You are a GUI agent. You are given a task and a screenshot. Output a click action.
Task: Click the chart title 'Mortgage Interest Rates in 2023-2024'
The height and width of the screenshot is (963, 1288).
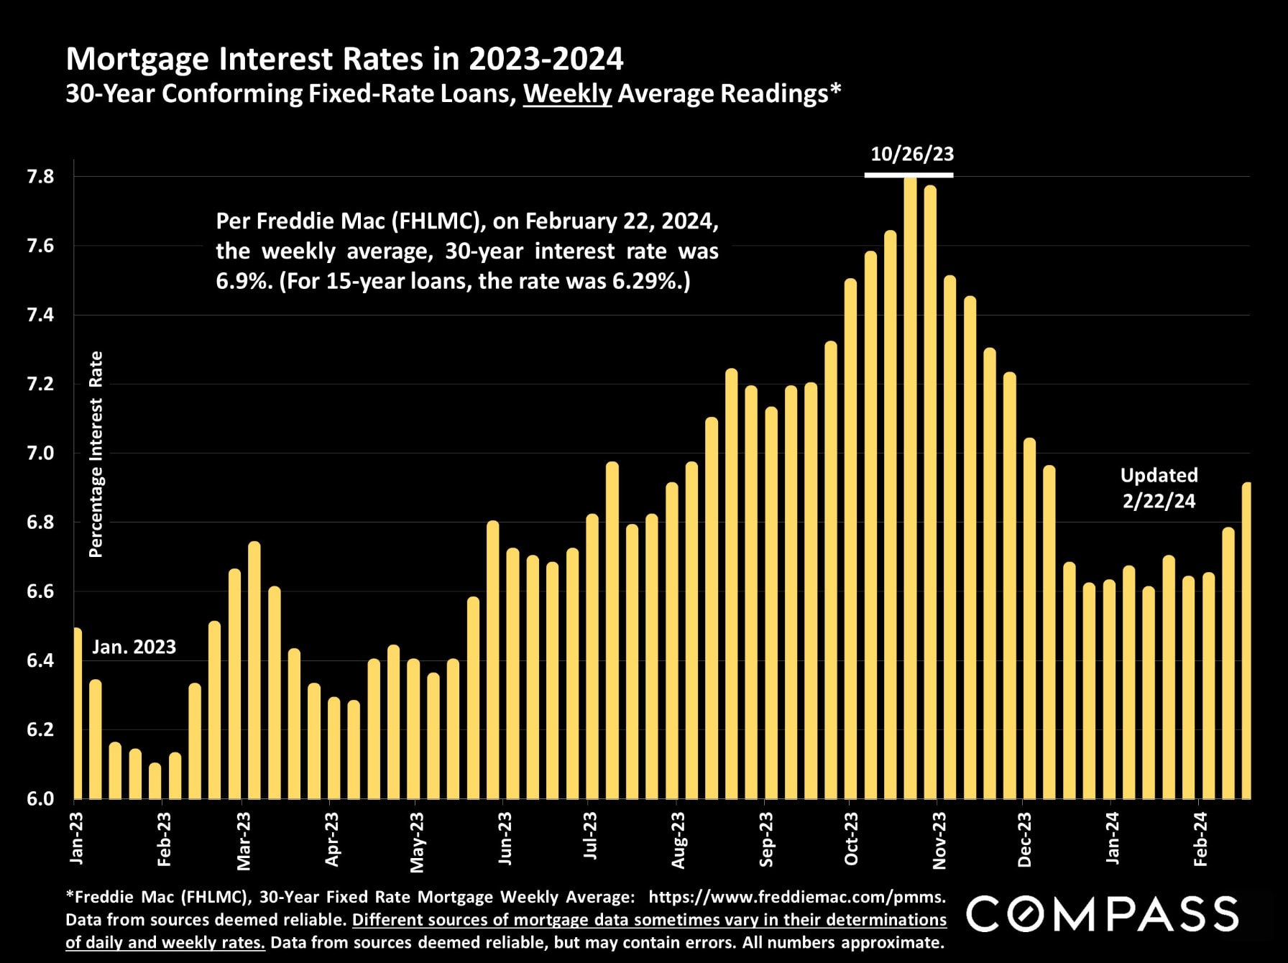[344, 59]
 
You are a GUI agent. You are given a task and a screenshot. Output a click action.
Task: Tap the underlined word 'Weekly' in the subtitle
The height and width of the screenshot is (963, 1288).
[567, 94]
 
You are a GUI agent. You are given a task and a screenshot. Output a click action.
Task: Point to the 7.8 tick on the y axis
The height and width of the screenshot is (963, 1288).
[40, 177]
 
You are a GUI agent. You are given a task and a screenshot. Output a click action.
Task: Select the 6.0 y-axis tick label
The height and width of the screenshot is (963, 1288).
[40, 799]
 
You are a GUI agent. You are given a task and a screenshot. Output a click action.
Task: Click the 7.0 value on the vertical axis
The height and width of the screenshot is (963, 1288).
[40, 453]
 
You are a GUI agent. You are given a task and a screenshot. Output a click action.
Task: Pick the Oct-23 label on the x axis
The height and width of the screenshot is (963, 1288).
[851, 839]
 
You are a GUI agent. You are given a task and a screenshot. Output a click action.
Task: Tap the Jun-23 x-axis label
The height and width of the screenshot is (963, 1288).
[505, 839]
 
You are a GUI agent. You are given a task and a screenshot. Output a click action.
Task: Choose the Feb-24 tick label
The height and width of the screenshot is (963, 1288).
[1200, 839]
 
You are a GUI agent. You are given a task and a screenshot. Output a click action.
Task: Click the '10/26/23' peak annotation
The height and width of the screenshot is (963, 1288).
[912, 154]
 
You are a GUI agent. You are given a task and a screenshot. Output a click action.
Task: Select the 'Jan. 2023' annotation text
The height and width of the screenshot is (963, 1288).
[134, 647]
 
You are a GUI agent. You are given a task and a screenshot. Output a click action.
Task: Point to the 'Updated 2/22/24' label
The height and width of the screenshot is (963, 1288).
[1159, 488]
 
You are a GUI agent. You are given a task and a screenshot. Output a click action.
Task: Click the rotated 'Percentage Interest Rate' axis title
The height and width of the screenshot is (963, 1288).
[96, 454]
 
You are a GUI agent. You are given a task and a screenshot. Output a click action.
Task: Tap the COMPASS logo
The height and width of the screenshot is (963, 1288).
[1103, 914]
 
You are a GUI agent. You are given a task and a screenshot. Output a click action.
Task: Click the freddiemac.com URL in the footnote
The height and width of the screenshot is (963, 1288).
[796, 897]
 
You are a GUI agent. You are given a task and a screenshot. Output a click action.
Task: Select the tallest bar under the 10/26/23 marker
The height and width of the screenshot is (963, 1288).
[910, 489]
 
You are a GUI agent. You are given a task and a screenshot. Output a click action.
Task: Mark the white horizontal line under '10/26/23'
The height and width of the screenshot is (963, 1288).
[908, 175]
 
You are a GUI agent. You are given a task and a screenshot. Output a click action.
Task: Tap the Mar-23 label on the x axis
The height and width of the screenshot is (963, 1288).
[244, 841]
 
